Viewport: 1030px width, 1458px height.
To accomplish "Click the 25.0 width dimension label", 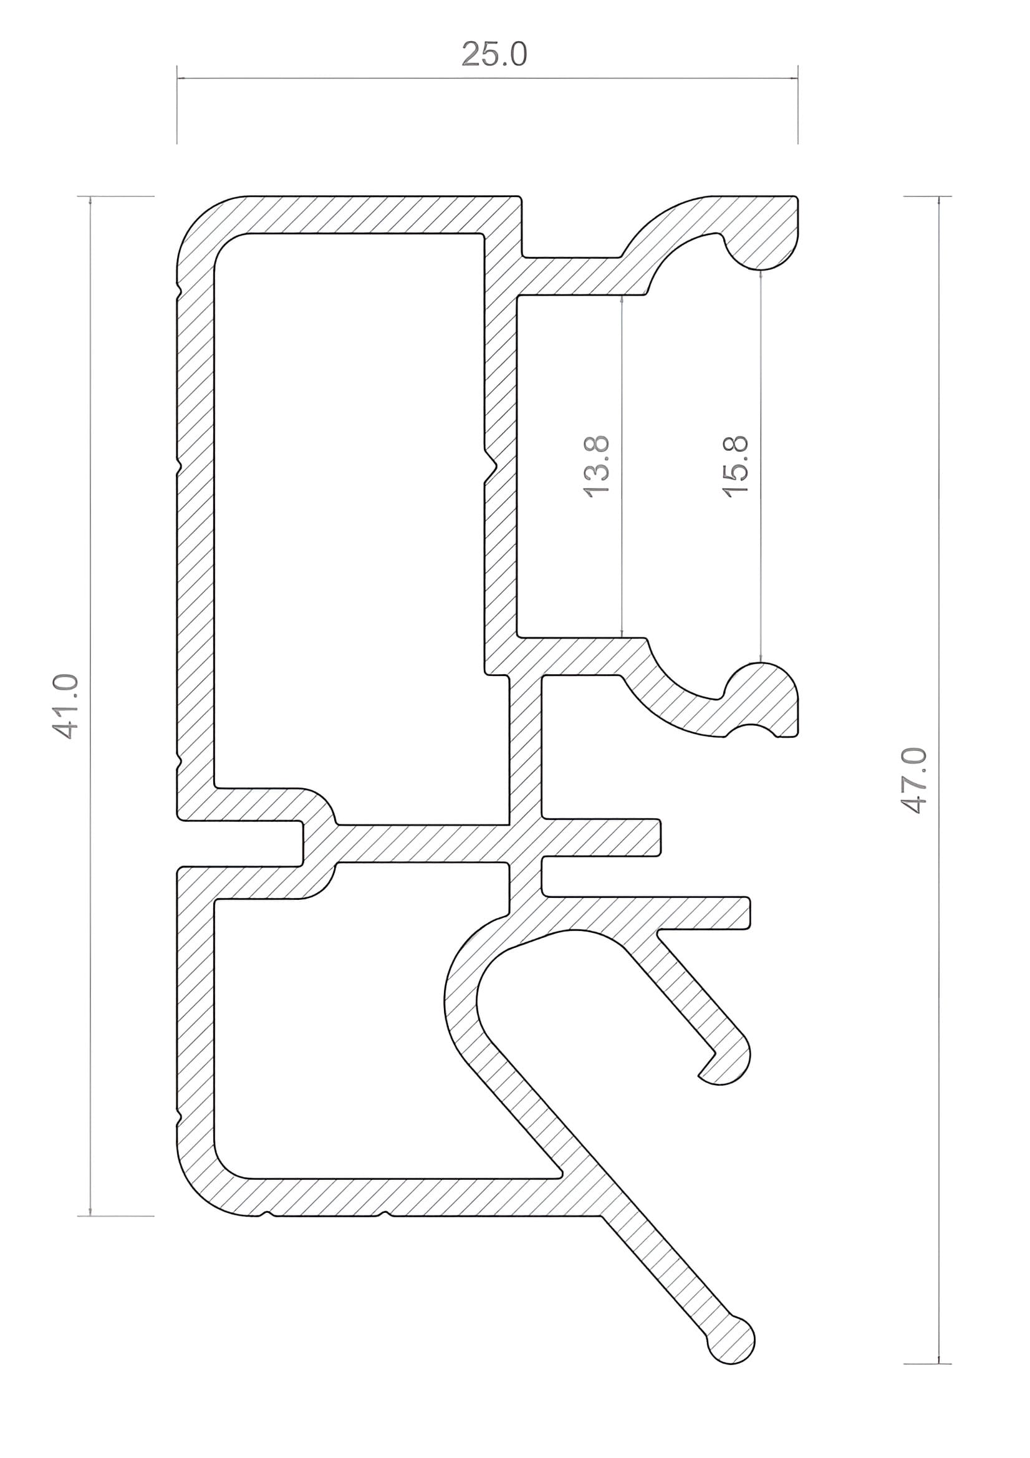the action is coord(494,55).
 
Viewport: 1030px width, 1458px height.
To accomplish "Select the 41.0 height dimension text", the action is coord(65,706).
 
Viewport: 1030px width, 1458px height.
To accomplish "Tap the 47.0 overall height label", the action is coord(915,781).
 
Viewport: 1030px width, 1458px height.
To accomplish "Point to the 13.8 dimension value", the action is coord(596,466).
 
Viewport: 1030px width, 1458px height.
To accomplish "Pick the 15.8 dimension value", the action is coord(736,466).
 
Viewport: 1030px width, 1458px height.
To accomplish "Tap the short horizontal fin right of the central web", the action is coord(600,837).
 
